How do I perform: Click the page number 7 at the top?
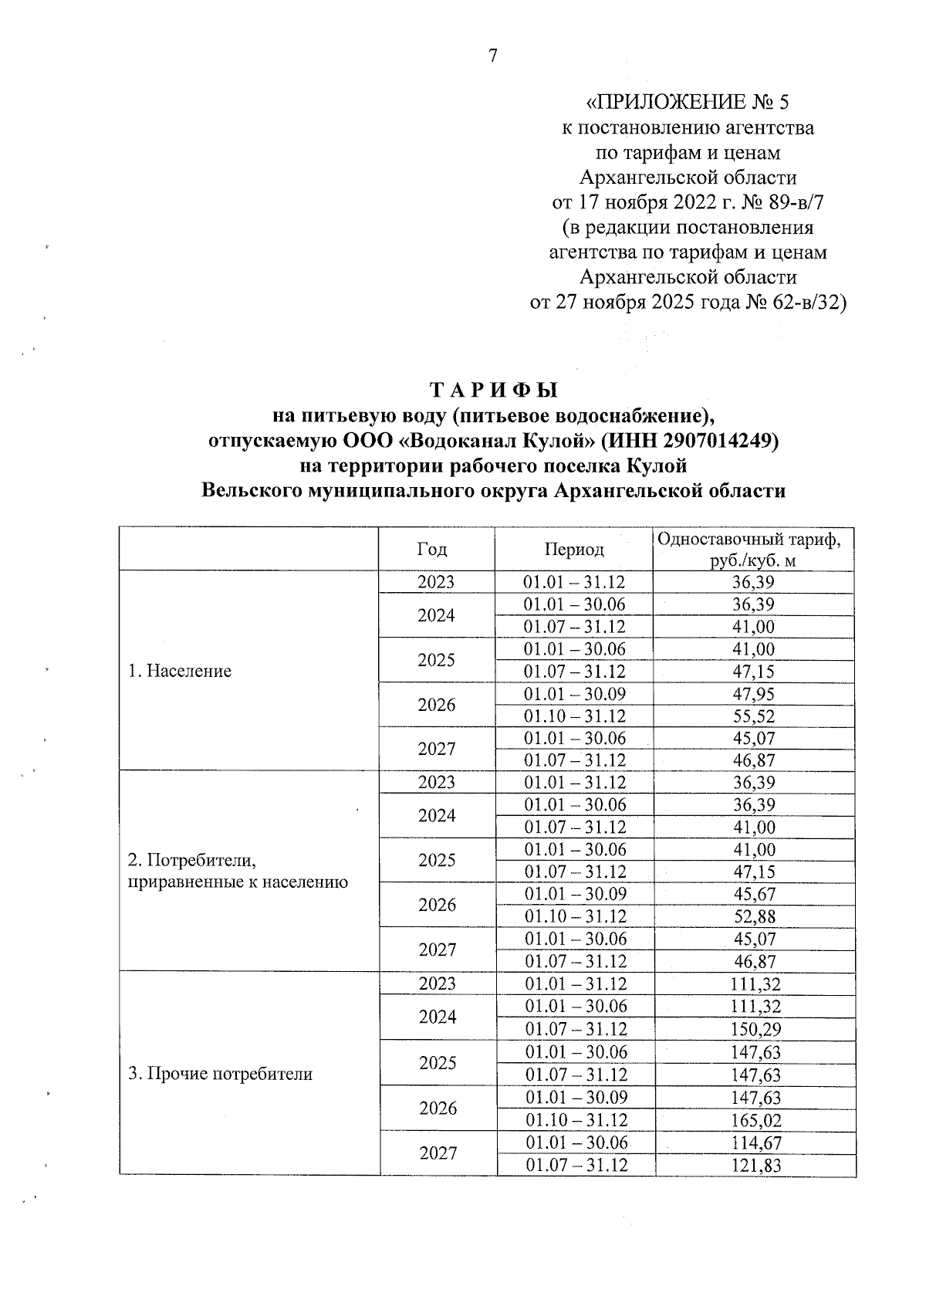point(493,55)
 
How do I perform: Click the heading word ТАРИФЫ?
point(493,390)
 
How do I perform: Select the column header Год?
point(432,549)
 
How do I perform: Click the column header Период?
point(574,549)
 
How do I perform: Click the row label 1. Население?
point(180,670)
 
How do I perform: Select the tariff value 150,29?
point(756,1028)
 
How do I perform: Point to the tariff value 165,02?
point(756,1119)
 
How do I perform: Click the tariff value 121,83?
point(756,1165)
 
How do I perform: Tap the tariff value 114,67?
point(756,1142)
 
